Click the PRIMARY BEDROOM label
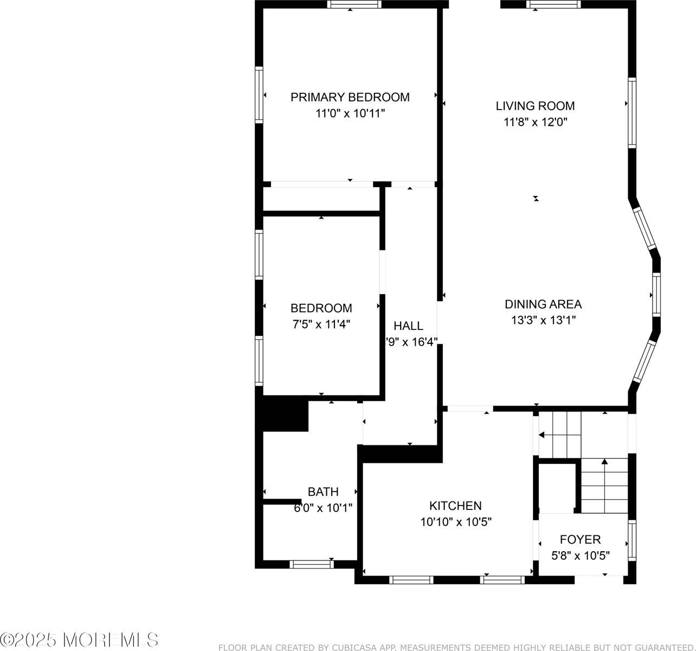pos(350,97)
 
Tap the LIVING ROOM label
pos(535,106)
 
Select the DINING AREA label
pos(543,304)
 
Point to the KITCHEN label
pos(455,506)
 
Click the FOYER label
pos(580,539)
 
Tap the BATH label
pos(323,492)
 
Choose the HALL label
pos(408,325)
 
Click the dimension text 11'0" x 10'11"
pos(350,113)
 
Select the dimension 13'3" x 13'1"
pos(543,320)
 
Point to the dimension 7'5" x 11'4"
pos(321,324)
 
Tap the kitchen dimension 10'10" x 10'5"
pos(455,522)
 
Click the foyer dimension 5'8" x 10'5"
pos(581,556)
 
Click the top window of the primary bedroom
pos(355,4)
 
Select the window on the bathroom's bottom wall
pos(311,564)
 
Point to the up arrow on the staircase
pos(604,462)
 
